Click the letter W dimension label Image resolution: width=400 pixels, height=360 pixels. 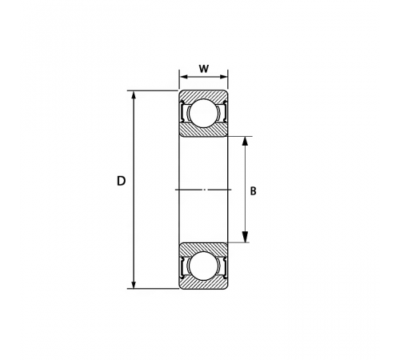[203, 69]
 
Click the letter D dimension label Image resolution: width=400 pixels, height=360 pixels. [121, 181]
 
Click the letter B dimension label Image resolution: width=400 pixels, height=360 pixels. [253, 191]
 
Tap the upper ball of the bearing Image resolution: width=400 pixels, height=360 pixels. [203, 113]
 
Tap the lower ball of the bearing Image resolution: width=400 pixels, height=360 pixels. [203, 266]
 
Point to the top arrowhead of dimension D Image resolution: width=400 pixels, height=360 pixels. [134, 96]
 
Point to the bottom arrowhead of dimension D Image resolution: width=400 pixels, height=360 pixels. [134, 283]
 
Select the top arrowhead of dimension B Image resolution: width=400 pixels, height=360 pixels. [245, 142]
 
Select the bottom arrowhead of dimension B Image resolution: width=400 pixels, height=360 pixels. [245, 237]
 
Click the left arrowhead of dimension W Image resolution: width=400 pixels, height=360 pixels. [184, 77]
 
